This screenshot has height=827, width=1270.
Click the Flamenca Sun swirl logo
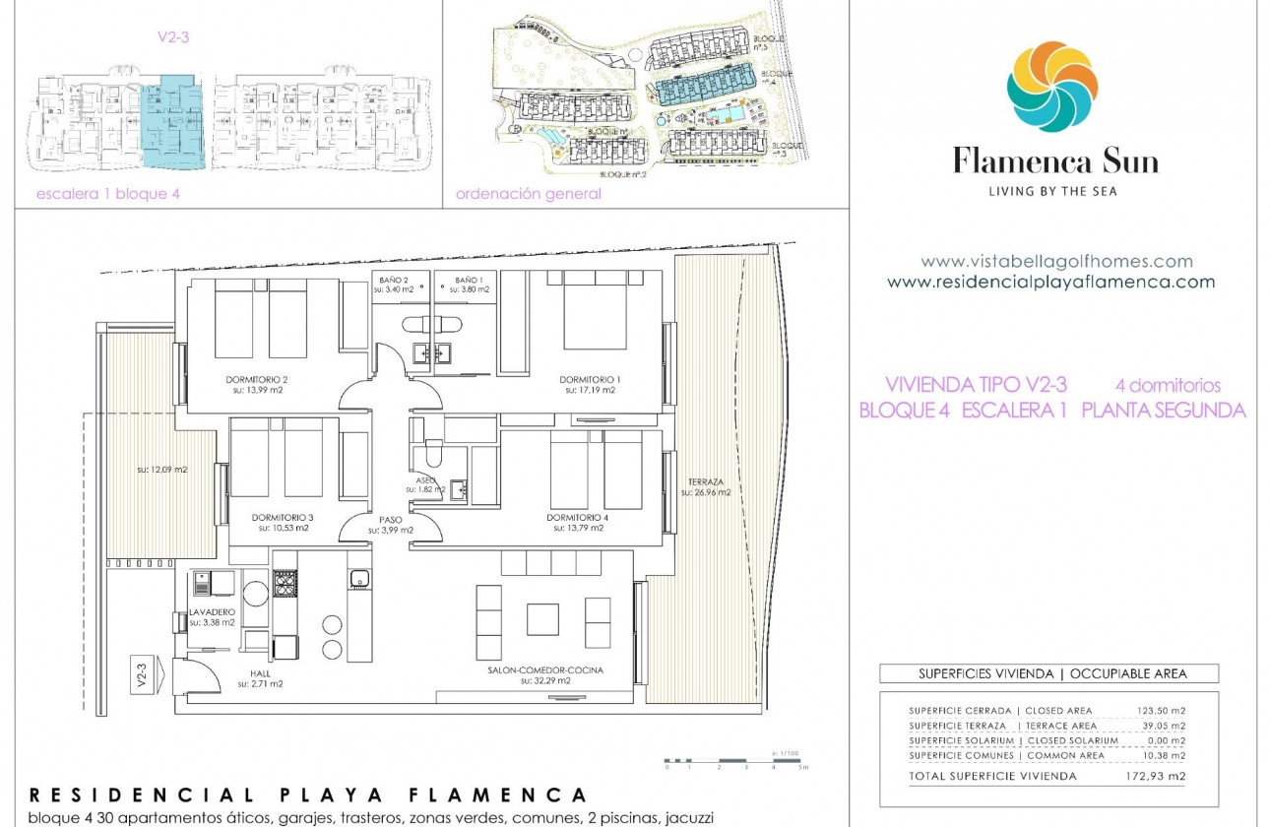click(1051, 87)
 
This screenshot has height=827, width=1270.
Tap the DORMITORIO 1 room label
click(591, 380)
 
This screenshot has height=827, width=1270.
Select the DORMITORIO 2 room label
click(257, 380)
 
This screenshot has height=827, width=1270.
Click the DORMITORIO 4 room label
click(578, 518)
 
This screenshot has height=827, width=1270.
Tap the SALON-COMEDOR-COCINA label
click(545, 670)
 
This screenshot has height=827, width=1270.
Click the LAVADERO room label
click(213, 611)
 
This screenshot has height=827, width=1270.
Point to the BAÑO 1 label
click(470, 281)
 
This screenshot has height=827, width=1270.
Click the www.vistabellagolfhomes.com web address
click(1056, 262)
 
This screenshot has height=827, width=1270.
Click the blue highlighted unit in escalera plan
click(173, 122)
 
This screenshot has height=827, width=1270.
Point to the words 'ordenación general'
click(529, 194)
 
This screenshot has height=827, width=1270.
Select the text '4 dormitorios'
click(1168, 385)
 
